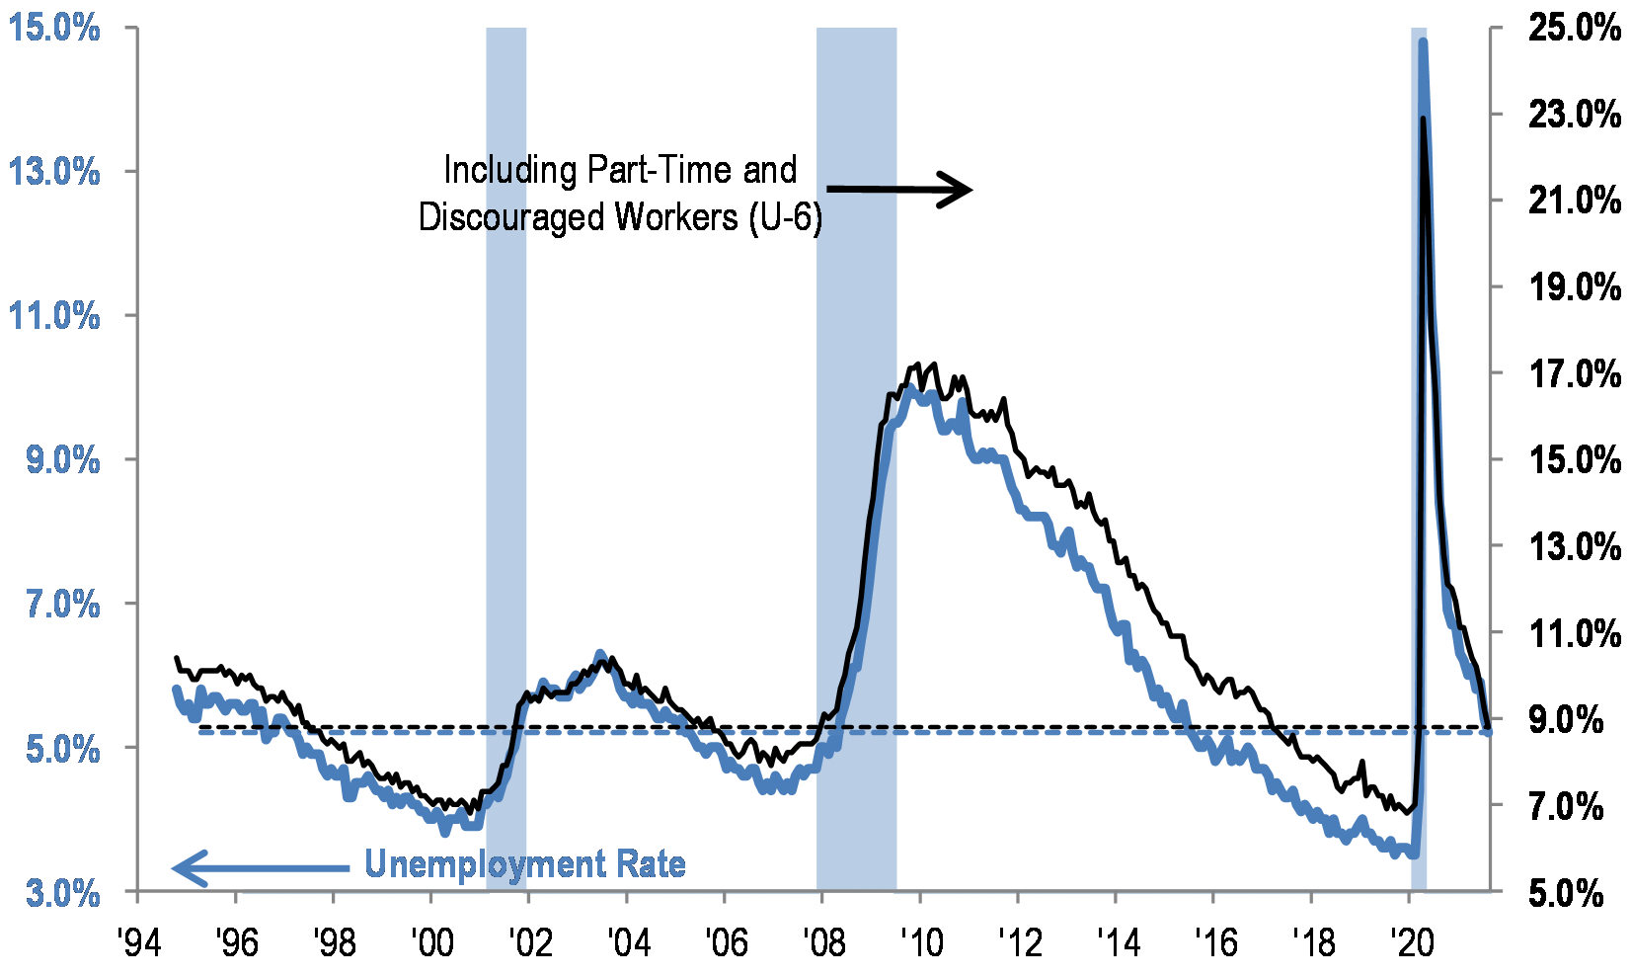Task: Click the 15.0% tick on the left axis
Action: (x=54, y=28)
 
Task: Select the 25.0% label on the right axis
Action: (x=1574, y=28)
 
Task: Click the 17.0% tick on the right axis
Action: (x=1574, y=373)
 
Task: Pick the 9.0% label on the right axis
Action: (x=1574, y=719)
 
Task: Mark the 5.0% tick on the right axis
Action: (x=1574, y=893)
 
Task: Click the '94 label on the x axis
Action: (x=138, y=942)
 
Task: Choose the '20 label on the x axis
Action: (x=1410, y=942)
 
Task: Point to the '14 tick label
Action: (x=1117, y=942)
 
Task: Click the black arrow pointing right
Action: (x=899, y=189)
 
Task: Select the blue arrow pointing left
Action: (x=261, y=867)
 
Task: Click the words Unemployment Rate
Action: (x=525, y=865)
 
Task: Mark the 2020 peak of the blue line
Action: (x=1422, y=42)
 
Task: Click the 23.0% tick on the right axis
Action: (x=1574, y=115)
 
